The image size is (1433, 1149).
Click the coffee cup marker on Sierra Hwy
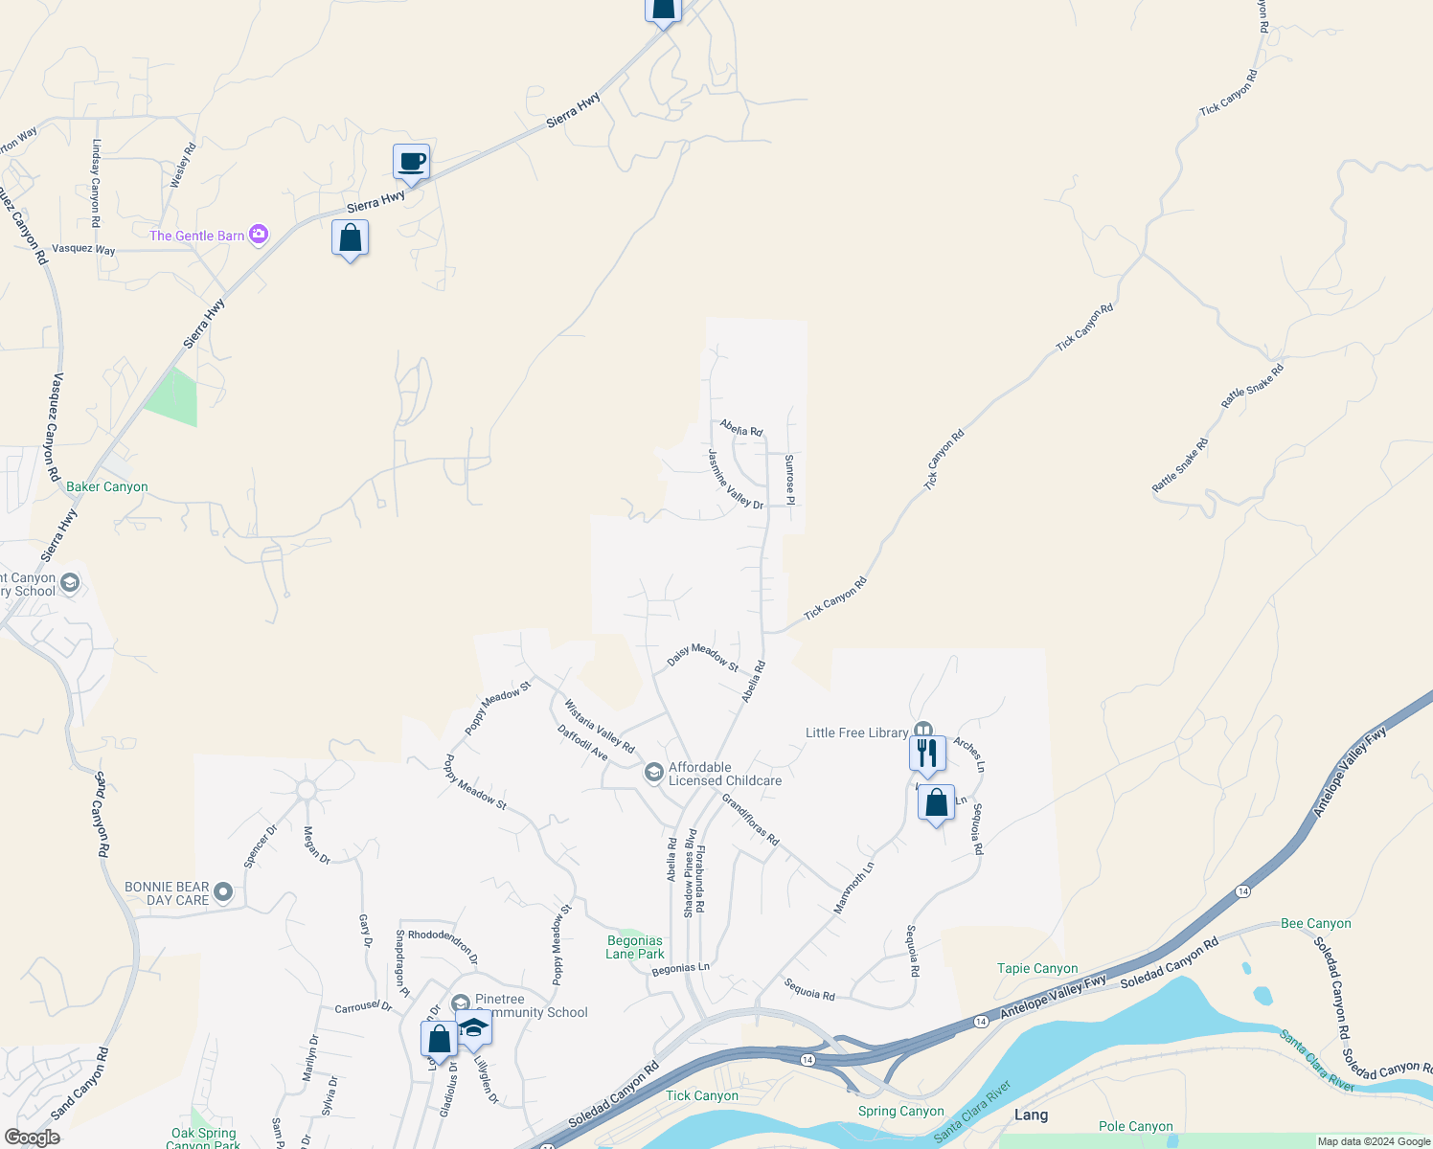coord(411,162)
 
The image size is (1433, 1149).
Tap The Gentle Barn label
coord(197,236)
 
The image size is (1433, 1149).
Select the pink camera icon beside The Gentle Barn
coord(258,235)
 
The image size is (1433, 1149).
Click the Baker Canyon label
coord(107,486)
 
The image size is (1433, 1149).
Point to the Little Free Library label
coord(856,732)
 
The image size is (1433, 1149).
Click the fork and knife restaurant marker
coord(927,753)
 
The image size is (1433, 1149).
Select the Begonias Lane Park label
coord(635,947)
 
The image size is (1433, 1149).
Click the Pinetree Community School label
coord(531,1005)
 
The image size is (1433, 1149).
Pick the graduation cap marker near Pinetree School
coord(473,1028)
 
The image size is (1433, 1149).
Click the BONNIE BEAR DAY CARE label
coord(167,893)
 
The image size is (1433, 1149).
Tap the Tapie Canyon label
coord(1037,968)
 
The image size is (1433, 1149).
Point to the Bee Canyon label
coord(1315,923)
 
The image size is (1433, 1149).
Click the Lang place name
coord(1031,1115)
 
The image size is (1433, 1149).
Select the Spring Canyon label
coord(900,1111)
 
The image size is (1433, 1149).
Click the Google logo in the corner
coord(33,1138)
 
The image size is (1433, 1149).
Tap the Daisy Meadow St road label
coord(703,656)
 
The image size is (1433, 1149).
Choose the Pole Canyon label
coord(1135,1126)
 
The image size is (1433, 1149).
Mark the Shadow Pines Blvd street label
coord(690,873)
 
